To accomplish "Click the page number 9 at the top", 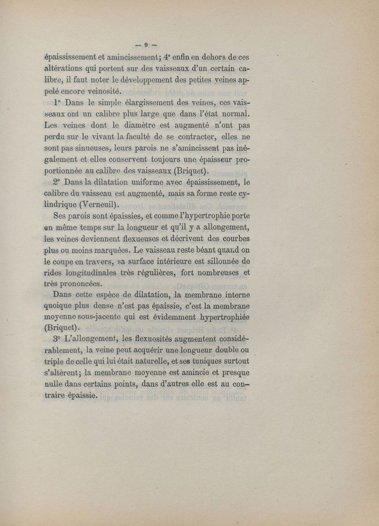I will tap(146, 46).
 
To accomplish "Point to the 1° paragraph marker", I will tap(59, 104).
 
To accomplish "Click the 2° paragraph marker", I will tap(59, 181).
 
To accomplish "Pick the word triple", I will tap(54, 362).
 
